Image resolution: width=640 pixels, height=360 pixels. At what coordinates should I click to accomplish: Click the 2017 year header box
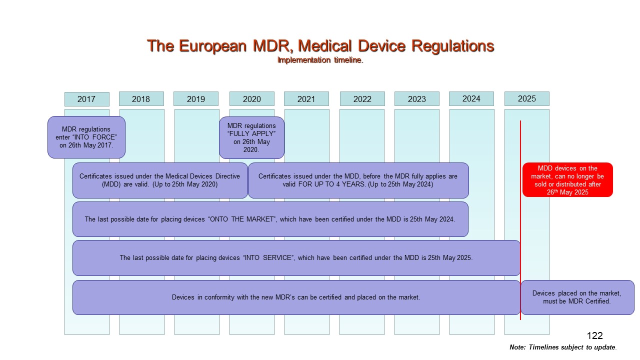coord(86,99)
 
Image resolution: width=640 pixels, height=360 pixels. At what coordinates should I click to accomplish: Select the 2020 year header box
coord(251,99)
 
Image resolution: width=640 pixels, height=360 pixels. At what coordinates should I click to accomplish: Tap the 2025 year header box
coord(526,98)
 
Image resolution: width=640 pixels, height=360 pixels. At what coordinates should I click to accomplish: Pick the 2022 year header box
coord(362,99)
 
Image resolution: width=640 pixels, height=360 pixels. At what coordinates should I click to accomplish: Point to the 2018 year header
coord(141,99)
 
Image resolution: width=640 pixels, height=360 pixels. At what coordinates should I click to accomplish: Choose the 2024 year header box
coord(471,98)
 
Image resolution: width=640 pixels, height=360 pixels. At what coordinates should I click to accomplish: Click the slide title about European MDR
coord(320,46)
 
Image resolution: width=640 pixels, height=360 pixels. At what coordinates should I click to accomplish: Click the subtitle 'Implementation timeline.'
coord(320,60)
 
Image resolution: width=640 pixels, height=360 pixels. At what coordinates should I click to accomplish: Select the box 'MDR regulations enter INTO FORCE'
coord(86,137)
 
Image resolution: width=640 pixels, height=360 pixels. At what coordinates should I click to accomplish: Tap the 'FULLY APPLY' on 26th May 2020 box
coord(251,137)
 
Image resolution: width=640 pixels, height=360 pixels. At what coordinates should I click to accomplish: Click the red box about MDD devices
coord(567,179)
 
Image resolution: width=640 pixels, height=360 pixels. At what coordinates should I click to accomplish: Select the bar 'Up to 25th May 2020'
coord(160,180)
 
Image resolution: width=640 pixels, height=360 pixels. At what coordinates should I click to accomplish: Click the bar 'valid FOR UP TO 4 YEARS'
coord(358,180)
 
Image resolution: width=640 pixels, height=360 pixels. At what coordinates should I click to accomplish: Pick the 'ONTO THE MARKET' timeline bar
coord(270,219)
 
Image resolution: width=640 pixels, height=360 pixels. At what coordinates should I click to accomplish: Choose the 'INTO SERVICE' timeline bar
coord(296,258)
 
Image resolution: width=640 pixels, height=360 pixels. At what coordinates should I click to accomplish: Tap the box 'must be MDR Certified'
coord(577,297)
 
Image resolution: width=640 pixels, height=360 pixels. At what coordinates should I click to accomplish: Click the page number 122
coord(594,336)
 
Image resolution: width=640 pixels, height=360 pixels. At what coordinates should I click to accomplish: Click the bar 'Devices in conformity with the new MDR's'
coord(296,297)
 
